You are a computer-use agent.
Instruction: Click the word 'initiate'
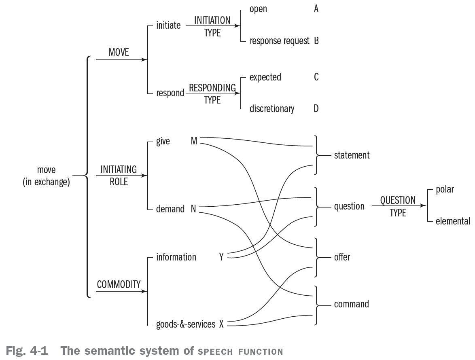pos(168,26)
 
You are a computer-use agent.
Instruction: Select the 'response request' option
pos(279,41)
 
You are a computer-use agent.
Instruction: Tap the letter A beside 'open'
pos(316,9)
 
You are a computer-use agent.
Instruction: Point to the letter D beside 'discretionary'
pos(316,108)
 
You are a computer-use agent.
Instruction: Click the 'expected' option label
pos(265,77)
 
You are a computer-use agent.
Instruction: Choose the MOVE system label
pos(119,52)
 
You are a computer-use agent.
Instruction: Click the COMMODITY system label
pos(119,284)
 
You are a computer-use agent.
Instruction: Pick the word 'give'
pos(163,141)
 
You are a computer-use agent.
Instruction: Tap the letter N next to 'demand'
pos(193,209)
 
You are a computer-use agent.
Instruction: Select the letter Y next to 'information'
pos(221,257)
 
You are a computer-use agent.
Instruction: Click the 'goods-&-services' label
pos(186,324)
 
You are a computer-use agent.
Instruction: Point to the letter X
pos(221,324)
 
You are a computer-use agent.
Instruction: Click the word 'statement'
pos(352,155)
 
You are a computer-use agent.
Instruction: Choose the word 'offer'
pos(342,257)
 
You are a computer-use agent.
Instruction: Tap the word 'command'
pos(351,304)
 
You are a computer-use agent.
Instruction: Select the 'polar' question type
pos(445,189)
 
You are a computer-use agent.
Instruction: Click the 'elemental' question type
pos(453,221)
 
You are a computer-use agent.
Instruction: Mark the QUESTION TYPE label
pos(398,206)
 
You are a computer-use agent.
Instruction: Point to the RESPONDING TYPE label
pos(212,93)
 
